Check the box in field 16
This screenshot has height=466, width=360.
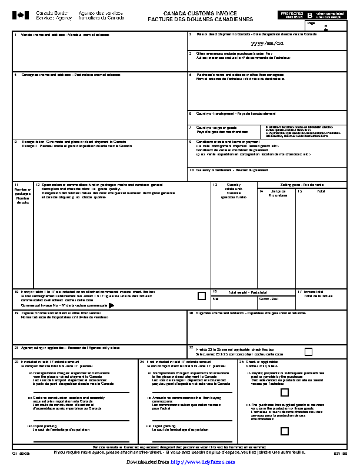click(x=202, y=296)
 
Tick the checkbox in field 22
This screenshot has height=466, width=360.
click(x=308, y=352)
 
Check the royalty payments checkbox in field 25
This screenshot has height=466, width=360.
click(x=285, y=392)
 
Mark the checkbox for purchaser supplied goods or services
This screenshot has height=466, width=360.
click(x=285, y=431)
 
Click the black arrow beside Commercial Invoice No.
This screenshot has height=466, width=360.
click(x=111, y=305)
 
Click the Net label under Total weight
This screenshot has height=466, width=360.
click(x=215, y=299)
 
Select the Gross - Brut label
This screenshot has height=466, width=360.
click(x=269, y=299)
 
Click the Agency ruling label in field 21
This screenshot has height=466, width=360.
click(x=71, y=348)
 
